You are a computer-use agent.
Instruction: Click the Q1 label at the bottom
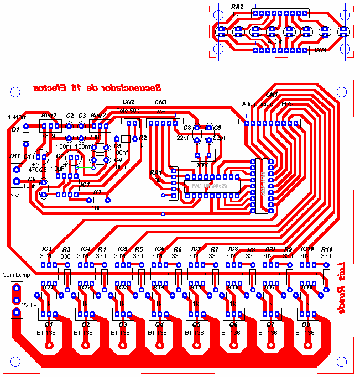click(x=49, y=324)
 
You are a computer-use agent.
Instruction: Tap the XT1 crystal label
click(x=202, y=165)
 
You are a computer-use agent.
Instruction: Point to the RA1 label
click(x=155, y=173)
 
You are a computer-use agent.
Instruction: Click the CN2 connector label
click(x=128, y=102)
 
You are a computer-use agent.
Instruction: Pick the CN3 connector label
click(x=160, y=102)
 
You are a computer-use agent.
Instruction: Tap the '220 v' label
click(x=29, y=305)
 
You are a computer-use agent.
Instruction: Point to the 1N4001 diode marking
click(x=18, y=118)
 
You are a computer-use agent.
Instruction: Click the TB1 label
click(x=14, y=156)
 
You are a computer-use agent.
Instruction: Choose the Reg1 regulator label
click(x=49, y=116)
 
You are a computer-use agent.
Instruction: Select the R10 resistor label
click(x=326, y=249)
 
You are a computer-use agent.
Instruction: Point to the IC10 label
click(x=306, y=249)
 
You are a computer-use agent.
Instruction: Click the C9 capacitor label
click(x=217, y=128)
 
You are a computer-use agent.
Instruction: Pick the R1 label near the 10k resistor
click(x=97, y=191)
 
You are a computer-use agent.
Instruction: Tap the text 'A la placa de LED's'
click(x=267, y=104)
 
